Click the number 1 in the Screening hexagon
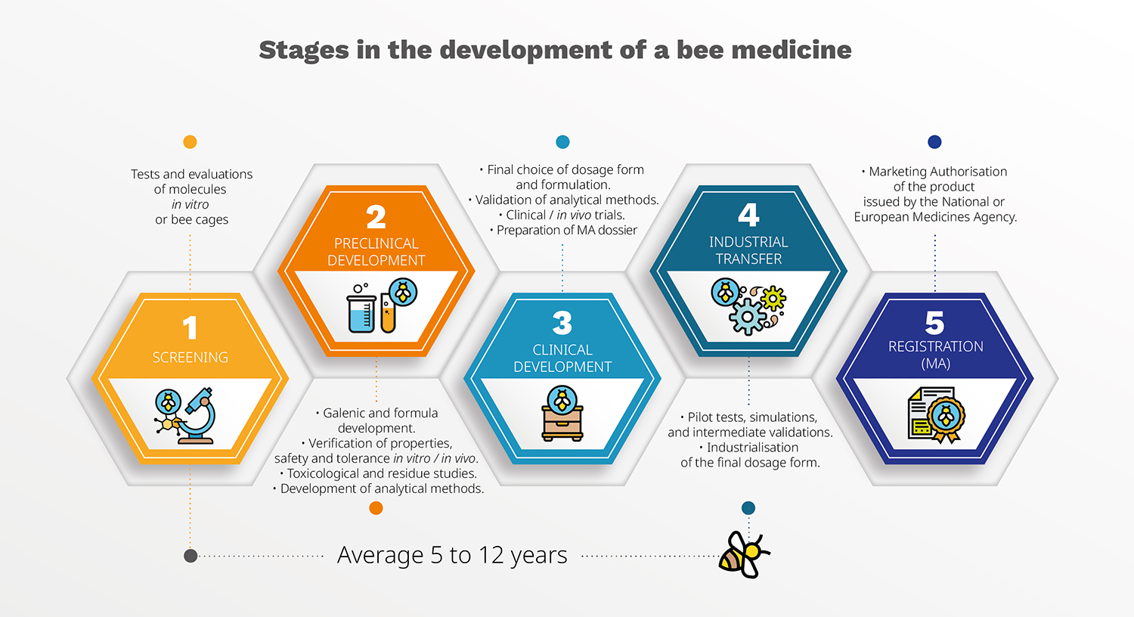pos(190,327)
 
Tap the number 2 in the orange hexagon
pos(376,218)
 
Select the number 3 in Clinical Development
pos(562,323)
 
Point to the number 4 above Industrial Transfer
pos(748,215)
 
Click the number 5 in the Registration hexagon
pos(934,323)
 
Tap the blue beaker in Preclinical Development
pos(361,314)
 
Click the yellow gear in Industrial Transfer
pos(773,298)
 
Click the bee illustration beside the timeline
pos(743,555)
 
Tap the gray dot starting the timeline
pos(191,556)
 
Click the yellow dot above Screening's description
pos(190,141)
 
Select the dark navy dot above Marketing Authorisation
pos(934,141)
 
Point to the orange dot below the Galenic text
pos(376,507)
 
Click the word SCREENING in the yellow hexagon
pos(191,358)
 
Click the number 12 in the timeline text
pos(490,555)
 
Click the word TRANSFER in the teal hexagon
pos(748,259)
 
